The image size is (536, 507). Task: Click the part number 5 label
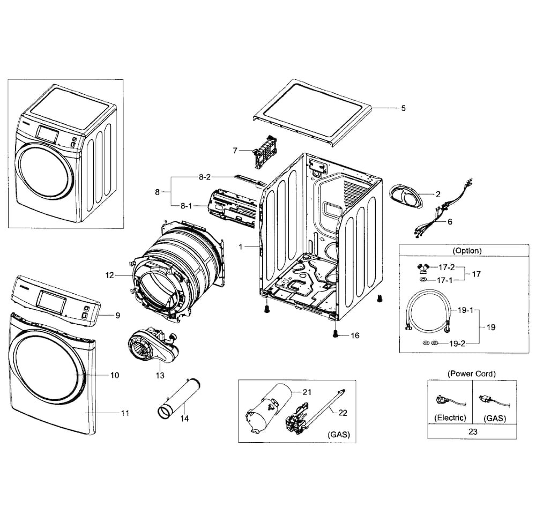click(x=404, y=108)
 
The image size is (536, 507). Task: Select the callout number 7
click(x=235, y=151)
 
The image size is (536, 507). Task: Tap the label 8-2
click(x=204, y=177)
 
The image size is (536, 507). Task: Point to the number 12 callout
click(x=109, y=275)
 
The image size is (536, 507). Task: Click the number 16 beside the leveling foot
click(x=355, y=335)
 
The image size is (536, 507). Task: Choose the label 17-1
click(x=444, y=280)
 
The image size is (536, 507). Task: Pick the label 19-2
click(x=457, y=344)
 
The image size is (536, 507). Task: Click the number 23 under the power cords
click(x=472, y=432)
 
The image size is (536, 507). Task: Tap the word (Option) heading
click(x=467, y=251)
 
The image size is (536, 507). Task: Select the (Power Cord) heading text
click(x=471, y=374)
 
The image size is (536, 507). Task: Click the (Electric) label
click(x=450, y=417)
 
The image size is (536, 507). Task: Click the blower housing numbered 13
click(x=152, y=348)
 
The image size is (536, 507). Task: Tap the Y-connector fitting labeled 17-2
click(x=423, y=268)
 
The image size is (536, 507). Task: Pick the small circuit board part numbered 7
click(x=265, y=151)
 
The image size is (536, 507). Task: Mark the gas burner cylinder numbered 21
click(x=269, y=408)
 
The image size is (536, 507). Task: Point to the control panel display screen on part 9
click(x=51, y=302)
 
